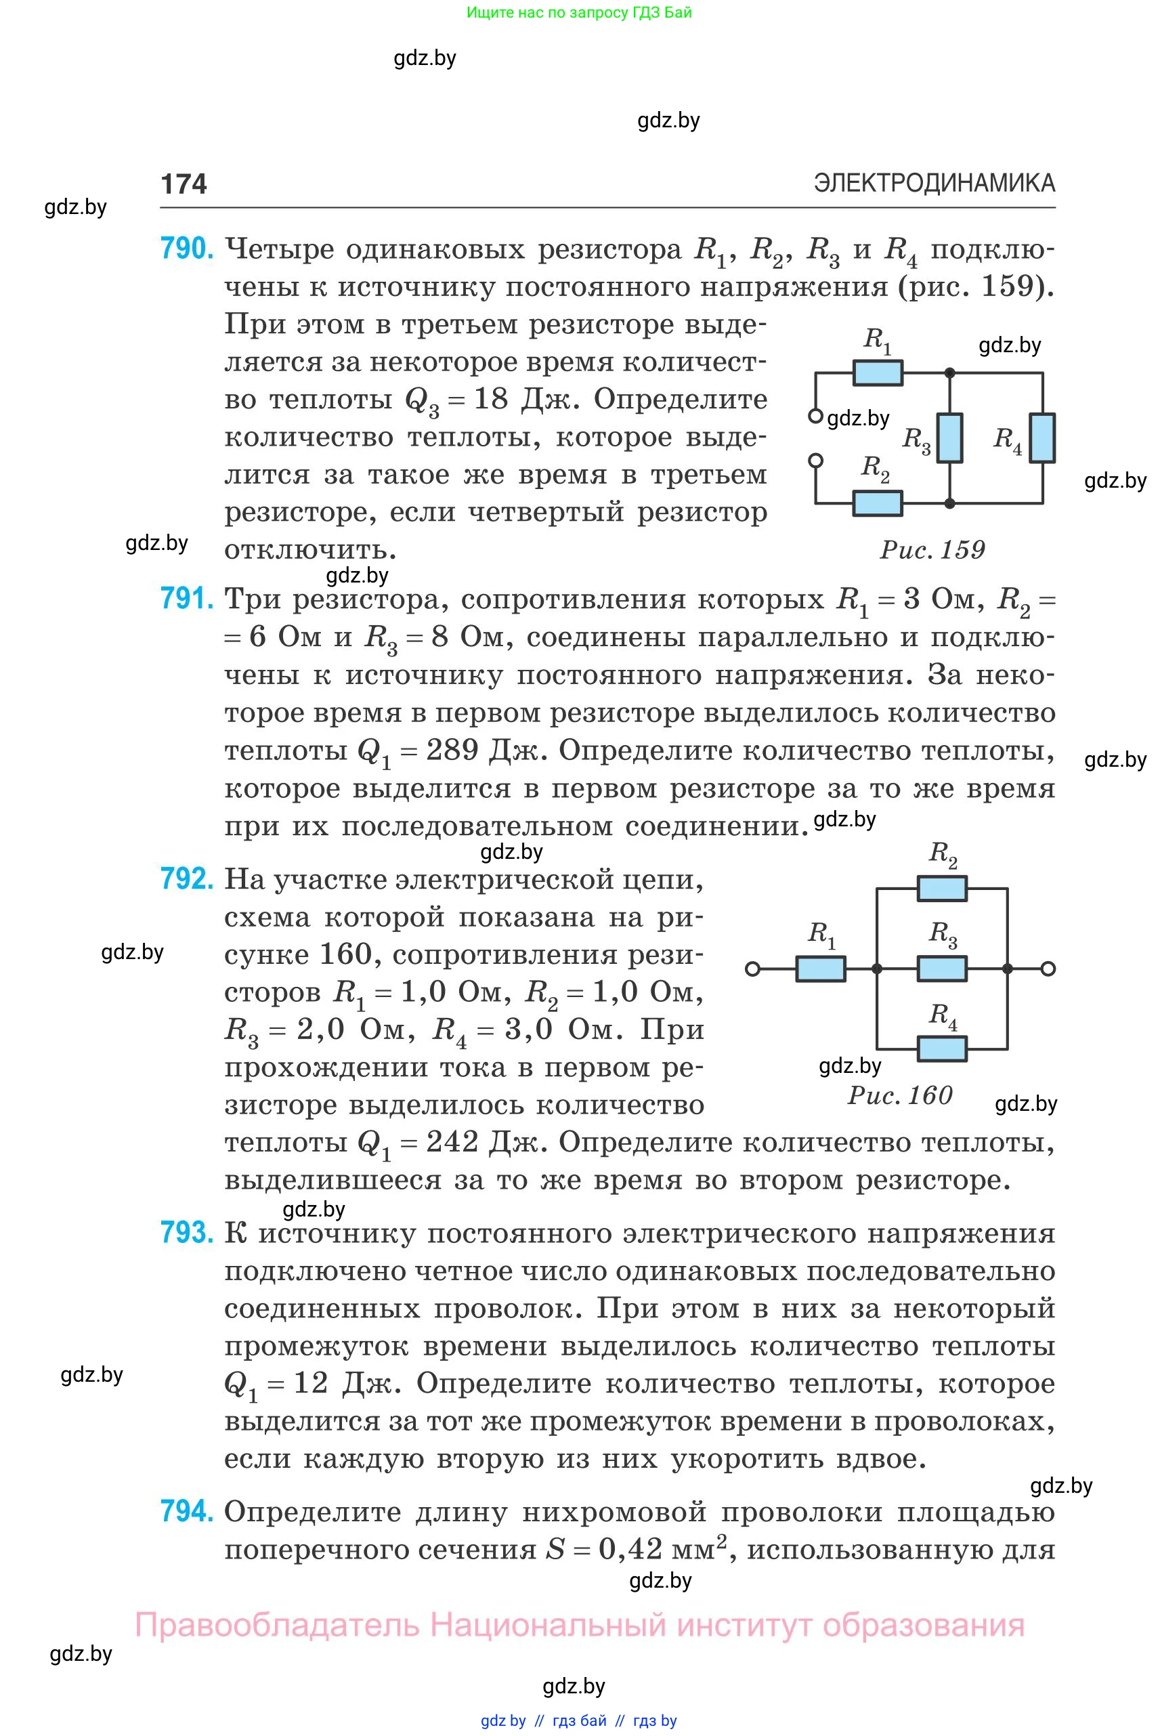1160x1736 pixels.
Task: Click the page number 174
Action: point(184,184)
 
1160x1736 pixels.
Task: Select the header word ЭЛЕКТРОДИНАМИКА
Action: point(935,183)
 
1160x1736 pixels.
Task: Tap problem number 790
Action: point(186,249)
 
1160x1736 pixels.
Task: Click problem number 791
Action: point(186,598)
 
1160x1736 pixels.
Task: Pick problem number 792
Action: point(186,878)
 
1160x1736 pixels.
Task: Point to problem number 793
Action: point(186,1233)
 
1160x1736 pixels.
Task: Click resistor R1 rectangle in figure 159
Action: point(878,373)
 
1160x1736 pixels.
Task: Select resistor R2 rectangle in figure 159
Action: point(878,503)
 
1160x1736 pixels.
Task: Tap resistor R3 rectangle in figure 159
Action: point(950,438)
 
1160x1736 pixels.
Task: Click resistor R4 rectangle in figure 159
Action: point(1042,438)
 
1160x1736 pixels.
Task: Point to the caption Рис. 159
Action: point(932,550)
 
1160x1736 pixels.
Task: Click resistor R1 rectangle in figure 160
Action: point(821,969)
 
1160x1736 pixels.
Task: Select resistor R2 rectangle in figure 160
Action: point(942,888)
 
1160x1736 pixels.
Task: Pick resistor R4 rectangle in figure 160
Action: point(942,1049)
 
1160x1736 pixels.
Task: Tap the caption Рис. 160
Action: point(899,1095)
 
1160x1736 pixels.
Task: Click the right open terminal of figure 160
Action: point(1048,969)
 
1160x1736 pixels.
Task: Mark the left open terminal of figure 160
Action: point(752,969)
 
